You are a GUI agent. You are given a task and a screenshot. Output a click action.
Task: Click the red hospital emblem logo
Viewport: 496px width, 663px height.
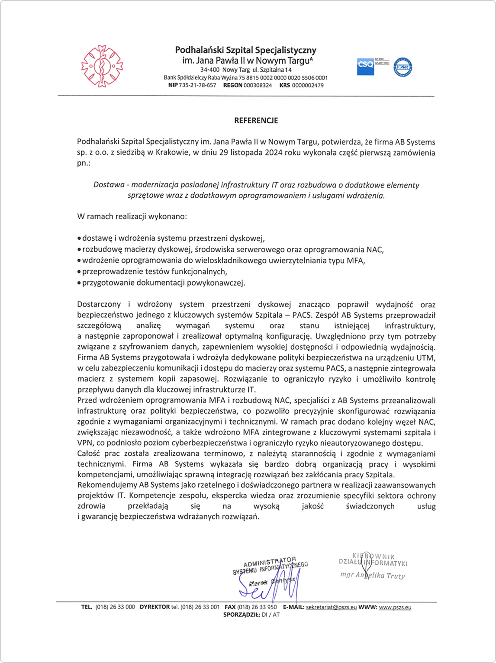[x=102, y=66]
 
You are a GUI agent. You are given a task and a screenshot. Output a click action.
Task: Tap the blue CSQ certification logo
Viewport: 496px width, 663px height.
[x=365, y=66]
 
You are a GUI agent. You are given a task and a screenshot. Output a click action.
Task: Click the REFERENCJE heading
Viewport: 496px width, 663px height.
[x=256, y=120]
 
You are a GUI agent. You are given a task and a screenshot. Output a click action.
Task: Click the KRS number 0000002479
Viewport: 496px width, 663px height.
[x=308, y=85]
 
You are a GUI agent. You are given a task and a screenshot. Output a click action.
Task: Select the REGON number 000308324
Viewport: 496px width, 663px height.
[x=258, y=85]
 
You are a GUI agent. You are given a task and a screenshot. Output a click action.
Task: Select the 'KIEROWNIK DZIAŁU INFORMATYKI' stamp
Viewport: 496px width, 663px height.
[x=373, y=560]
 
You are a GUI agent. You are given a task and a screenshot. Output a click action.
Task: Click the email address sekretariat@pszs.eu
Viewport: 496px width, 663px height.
[x=331, y=607]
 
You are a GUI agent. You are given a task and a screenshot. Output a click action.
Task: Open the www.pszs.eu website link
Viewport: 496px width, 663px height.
[x=395, y=607]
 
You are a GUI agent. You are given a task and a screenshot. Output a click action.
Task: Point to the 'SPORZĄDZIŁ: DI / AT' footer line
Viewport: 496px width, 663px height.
[x=251, y=615]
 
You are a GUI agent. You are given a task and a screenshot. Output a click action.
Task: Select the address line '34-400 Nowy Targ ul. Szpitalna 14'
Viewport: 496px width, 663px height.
[x=245, y=70]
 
